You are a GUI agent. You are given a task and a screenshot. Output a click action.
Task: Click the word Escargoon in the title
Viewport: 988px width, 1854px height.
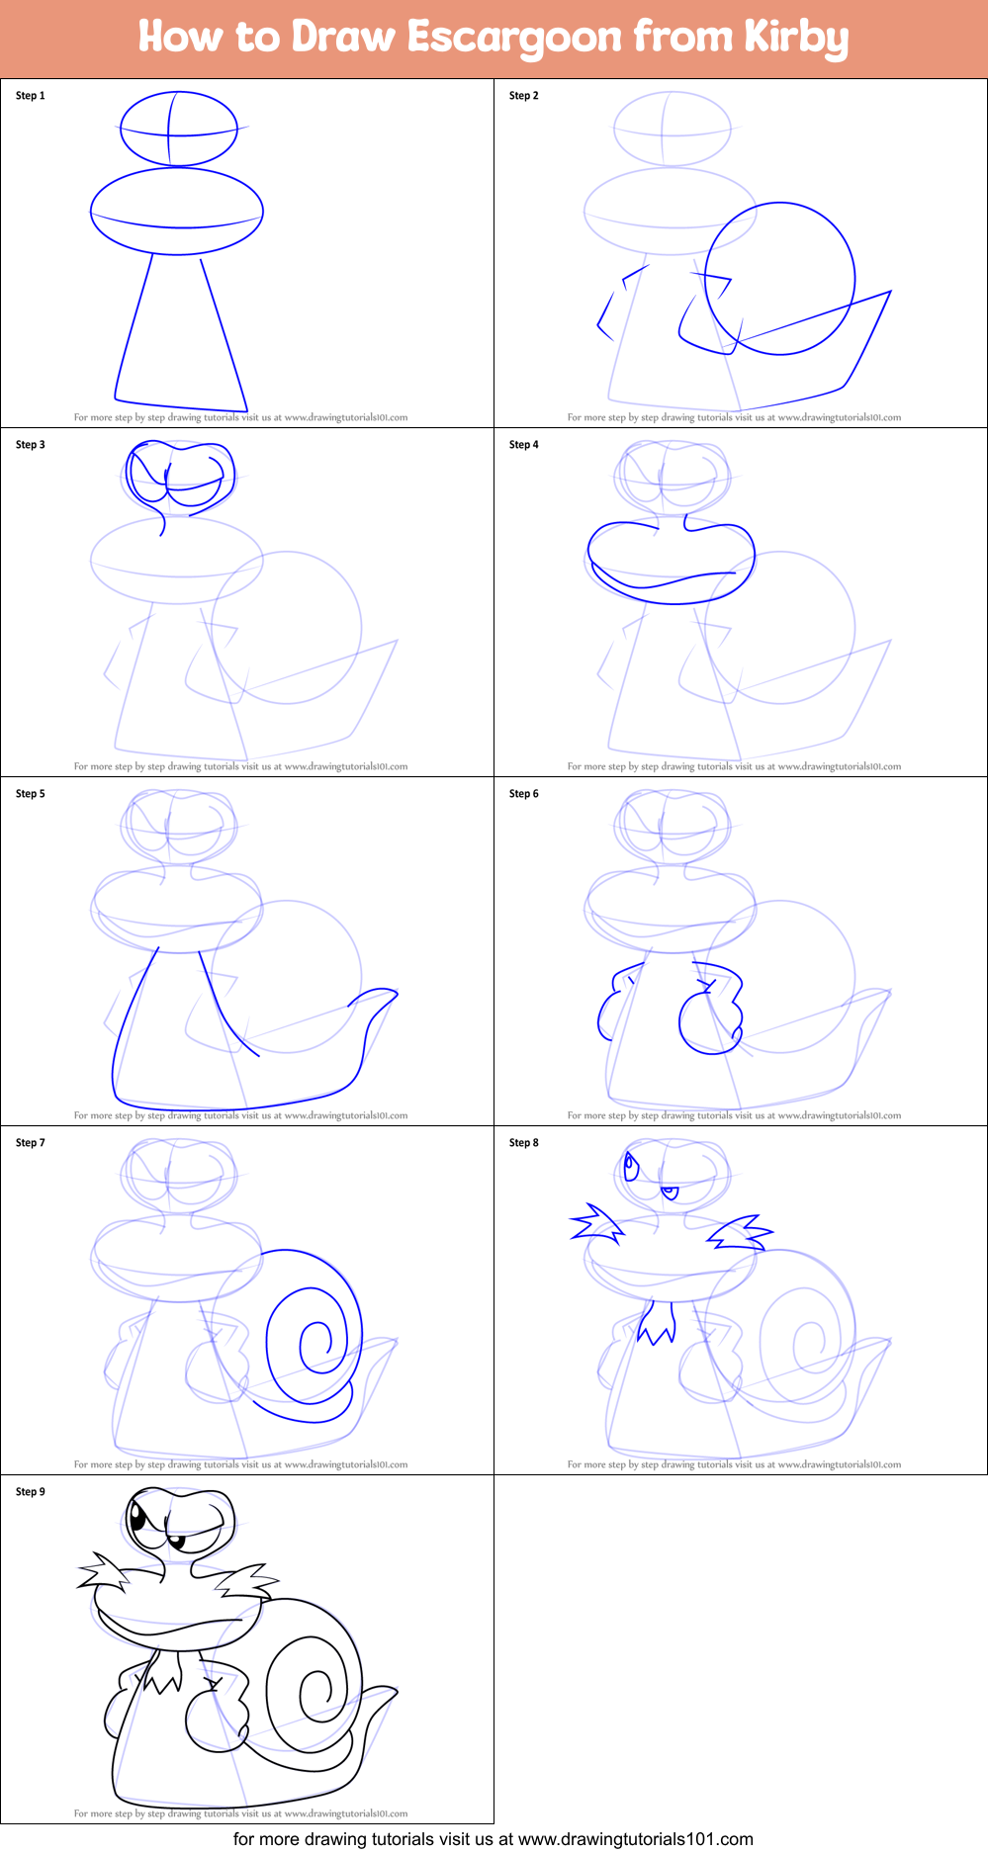click(x=514, y=38)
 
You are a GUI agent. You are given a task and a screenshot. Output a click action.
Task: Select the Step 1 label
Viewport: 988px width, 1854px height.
click(x=31, y=96)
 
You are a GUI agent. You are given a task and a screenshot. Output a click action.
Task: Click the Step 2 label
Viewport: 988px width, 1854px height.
click(x=524, y=96)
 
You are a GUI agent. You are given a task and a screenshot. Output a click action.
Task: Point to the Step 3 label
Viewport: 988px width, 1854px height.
click(x=31, y=445)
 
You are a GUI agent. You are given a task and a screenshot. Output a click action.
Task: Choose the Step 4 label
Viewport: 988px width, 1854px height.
click(x=524, y=445)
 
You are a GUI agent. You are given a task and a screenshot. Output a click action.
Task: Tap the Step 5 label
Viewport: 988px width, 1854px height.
click(x=31, y=794)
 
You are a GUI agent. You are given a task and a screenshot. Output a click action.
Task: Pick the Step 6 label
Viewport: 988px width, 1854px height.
click(x=524, y=794)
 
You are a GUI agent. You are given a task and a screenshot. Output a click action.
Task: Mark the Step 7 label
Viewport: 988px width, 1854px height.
click(x=31, y=1143)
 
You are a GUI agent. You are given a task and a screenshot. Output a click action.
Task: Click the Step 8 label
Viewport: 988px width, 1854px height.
click(x=524, y=1143)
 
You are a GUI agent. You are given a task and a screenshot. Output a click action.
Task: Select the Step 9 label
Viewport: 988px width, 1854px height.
click(x=31, y=1492)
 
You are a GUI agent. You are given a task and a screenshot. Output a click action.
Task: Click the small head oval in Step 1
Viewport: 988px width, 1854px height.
click(x=179, y=129)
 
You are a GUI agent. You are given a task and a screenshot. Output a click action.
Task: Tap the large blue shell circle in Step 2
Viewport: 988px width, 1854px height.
click(x=780, y=279)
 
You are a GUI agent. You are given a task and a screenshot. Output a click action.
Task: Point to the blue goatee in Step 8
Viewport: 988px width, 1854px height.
click(x=657, y=1322)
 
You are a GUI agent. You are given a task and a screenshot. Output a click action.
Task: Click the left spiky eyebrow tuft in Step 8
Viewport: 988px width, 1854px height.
click(x=596, y=1225)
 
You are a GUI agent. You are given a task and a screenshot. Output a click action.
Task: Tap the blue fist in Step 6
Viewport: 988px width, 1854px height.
click(x=705, y=1022)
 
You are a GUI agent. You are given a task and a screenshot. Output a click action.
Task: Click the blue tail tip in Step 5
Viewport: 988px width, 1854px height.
click(x=381, y=994)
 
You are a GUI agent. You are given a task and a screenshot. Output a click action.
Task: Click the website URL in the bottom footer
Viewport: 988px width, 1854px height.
click(x=635, y=1839)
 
